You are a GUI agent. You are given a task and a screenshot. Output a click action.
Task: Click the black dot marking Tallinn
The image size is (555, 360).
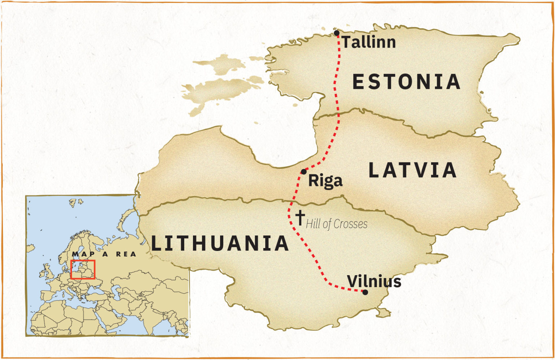[x=337, y=33]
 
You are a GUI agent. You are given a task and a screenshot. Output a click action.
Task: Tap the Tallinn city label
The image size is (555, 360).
[x=369, y=42]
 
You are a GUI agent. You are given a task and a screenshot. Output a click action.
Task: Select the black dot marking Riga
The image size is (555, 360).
[x=304, y=172]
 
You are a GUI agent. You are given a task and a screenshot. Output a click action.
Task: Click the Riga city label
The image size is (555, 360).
[x=325, y=180]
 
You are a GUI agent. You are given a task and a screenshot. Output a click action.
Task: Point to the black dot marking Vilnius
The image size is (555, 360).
[x=365, y=292]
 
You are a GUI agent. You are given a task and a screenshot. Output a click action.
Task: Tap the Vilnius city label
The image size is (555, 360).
[x=374, y=281]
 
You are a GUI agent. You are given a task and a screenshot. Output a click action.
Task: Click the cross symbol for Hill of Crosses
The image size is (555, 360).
[x=300, y=217]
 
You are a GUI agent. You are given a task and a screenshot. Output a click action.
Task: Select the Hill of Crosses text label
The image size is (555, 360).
[x=336, y=224]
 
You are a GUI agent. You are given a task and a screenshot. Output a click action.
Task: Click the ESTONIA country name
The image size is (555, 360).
[x=406, y=82]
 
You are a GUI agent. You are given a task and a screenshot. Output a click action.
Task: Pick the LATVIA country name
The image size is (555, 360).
[x=412, y=170]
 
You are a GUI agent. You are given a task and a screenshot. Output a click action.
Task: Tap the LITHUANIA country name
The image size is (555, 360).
[x=220, y=243]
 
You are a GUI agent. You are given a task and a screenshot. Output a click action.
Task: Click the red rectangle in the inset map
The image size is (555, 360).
[x=83, y=269]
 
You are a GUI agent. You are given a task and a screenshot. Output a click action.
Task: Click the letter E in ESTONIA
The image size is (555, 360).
[x=358, y=82]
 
